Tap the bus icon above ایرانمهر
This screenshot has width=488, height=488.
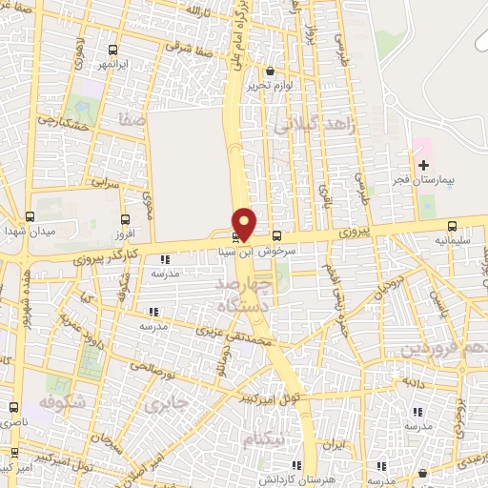113,50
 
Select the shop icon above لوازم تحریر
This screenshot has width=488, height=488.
271,71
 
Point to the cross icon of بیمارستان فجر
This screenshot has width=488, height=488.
423,165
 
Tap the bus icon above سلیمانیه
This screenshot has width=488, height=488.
452,227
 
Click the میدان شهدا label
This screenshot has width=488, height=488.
30,232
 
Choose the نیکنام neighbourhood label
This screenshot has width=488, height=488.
263,440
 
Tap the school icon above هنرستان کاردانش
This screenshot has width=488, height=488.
297,465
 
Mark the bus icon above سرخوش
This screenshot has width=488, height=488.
276,235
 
